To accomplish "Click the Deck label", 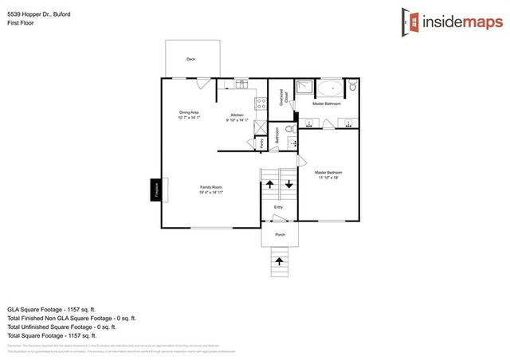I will click(190, 60).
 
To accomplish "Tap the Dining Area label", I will click(189, 113).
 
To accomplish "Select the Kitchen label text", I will click(237, 115).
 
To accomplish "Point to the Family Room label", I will click(211, 187).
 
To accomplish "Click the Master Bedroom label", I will click(328, 172).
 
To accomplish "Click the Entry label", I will click(278, 208).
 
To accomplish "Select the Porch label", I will click(280, 235).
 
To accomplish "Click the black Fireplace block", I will click(156, 190).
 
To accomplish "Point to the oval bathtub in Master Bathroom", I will click(330, 88).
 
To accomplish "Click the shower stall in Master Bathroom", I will click(304, 88).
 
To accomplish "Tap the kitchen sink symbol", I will click(241, 84).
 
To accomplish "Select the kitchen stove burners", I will click(259, 101).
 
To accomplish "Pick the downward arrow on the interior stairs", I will click(288, 184).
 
